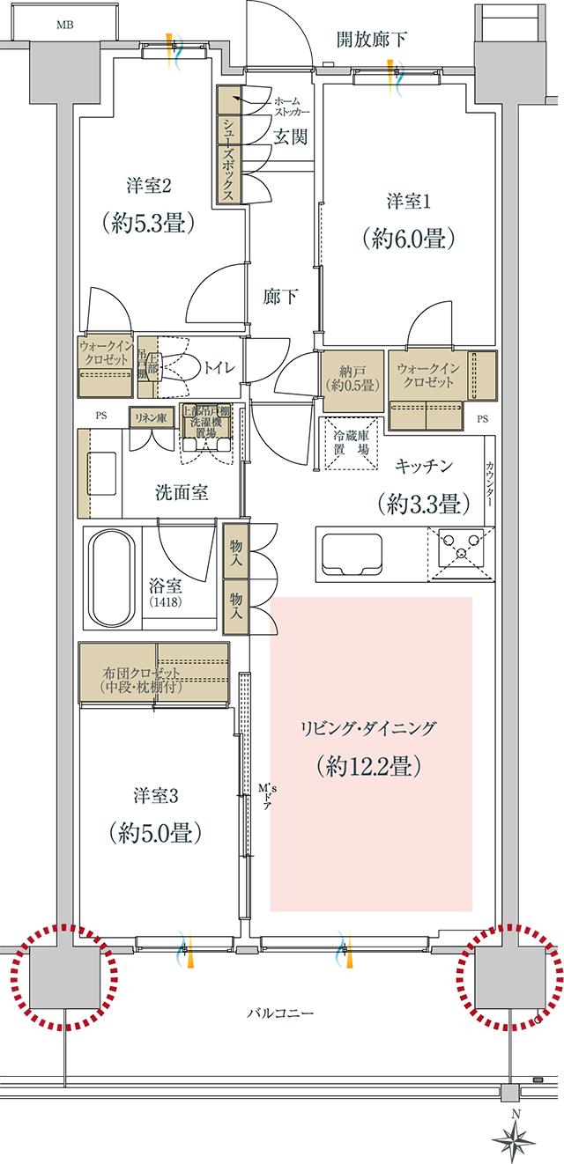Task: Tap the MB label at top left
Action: (65, 24)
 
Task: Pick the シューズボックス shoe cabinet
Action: (227, 146)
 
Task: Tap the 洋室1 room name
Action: (407, 202)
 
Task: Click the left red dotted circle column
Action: (63, 976)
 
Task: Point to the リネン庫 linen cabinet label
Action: (150, 418)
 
